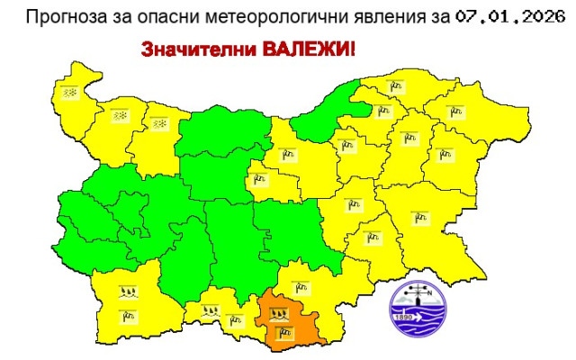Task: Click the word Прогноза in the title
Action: [x=62, y=15]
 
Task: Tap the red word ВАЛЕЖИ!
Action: [x=304, y=50]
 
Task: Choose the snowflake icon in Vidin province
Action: [x=68, y=91]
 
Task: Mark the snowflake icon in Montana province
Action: [x=119, y=116]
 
